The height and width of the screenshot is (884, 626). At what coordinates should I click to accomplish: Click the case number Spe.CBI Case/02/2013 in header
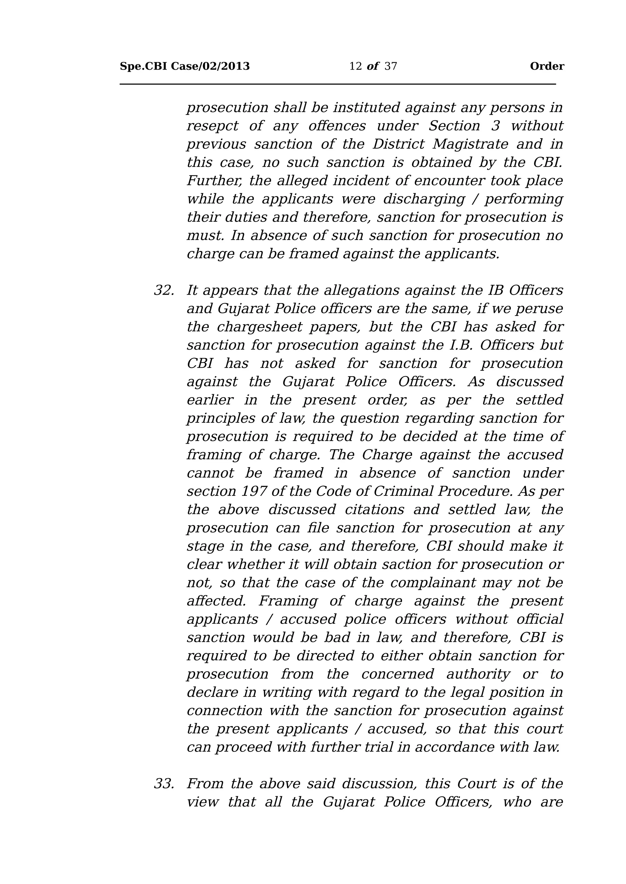tap(185, 67)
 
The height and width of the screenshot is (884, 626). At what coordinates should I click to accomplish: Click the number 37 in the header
tap(390, 67)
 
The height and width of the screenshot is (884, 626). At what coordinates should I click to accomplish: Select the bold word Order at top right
tap(547, 67)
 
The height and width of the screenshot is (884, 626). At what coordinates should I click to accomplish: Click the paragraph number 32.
tap(164, 291)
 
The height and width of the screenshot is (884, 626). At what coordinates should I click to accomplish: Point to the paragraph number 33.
tap(164, 784)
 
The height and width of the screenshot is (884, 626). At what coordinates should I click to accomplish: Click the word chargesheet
tap(260, 327)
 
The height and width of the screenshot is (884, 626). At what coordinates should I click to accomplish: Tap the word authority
tap(478, 674)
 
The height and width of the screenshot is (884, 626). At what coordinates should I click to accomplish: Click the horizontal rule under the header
tap(338, 84)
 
